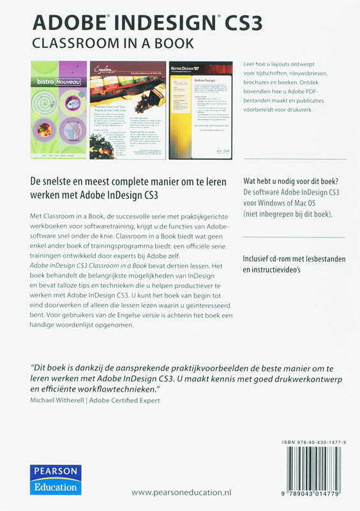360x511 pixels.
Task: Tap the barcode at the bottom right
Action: (x=317, y=469)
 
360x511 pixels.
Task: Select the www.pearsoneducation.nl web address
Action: (x=181, y=492)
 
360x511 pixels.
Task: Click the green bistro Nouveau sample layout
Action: (x=59, y=110)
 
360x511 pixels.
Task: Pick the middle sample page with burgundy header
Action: (x=128, y=110)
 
